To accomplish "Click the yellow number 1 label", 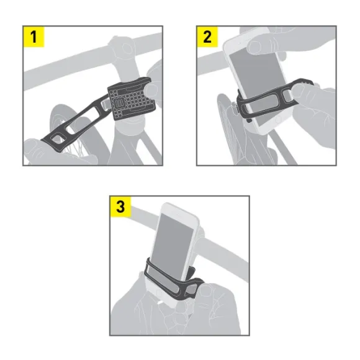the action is [34, 37].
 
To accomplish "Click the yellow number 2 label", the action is [207, 37].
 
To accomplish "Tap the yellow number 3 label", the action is [120, 207].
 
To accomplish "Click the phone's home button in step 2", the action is [278, 119].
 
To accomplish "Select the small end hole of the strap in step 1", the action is [56, 138].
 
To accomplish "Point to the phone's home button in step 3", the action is [158, 293].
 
